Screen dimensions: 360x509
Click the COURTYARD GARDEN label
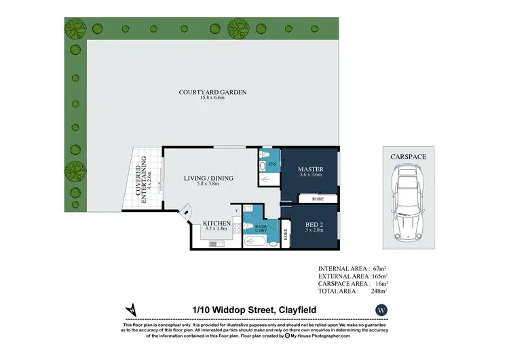(212, 92)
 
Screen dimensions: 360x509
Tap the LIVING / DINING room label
(208, 179)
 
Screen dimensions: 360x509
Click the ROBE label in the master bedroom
(317, 200)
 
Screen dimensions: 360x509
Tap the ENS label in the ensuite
(271, 164)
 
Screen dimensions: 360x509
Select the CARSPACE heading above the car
(408, 157)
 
